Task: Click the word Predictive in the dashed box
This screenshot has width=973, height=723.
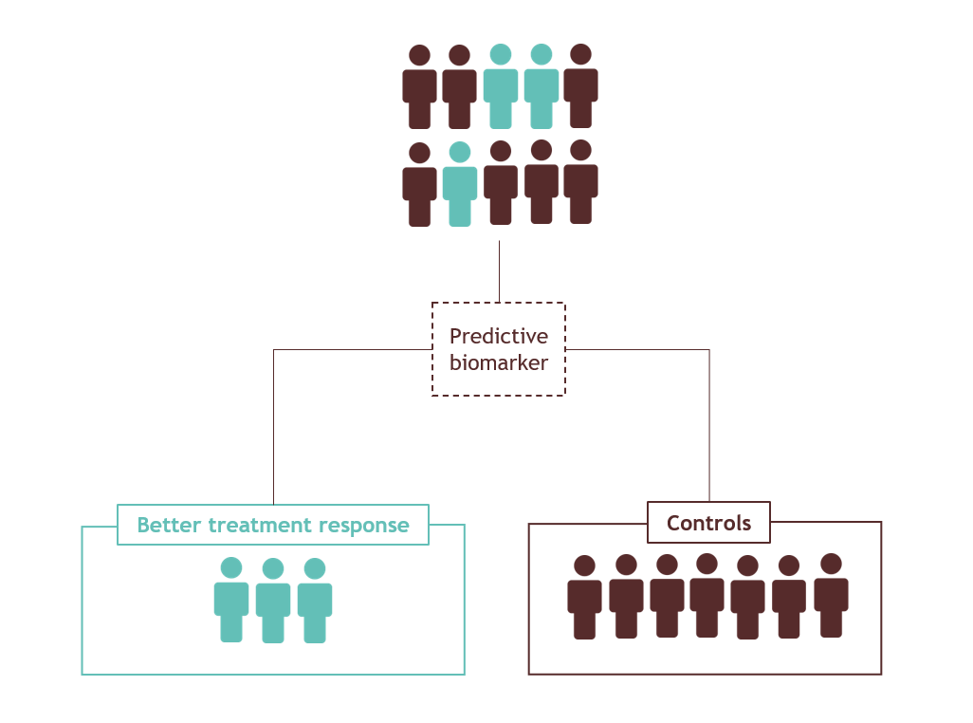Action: [498, 337]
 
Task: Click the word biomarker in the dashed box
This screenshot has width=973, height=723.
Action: [498, 362]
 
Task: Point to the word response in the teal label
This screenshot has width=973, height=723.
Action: [364, 525]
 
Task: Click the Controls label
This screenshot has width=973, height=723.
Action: [708, 523]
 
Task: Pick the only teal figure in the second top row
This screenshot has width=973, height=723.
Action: [460, 186]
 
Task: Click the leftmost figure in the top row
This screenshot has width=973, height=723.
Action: [419, 88]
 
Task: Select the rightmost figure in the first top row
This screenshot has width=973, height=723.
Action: [580, 87]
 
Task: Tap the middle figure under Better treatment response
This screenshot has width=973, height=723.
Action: [273, 602]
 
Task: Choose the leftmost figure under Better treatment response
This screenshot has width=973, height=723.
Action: [231, 602]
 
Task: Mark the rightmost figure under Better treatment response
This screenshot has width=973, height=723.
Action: [315, 602]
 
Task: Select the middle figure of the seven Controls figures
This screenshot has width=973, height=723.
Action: [707, 597]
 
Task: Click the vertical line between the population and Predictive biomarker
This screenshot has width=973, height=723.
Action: [499, 270]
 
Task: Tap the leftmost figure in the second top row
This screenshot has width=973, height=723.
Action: [419, 186]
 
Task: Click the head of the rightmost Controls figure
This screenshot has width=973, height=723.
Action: [831, 565]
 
